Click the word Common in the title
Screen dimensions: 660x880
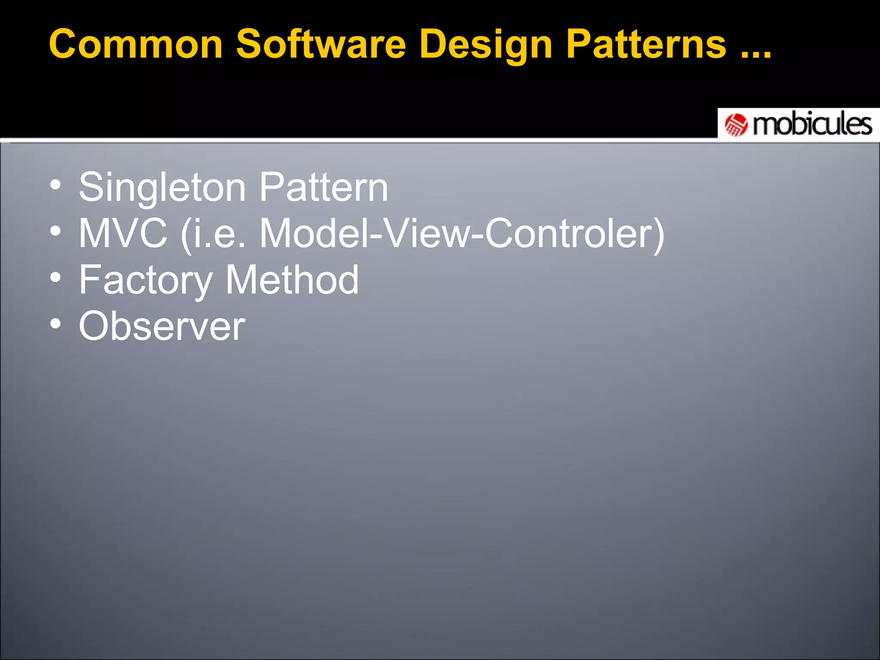pos(136,44)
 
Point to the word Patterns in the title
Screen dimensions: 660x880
pos(646,44)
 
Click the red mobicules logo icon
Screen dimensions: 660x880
pos(736,125)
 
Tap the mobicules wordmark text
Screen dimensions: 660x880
pos(812,125)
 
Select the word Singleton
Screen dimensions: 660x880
pos(162,188)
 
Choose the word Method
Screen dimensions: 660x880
pos(292,280)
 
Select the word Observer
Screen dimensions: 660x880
pos(162,326)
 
